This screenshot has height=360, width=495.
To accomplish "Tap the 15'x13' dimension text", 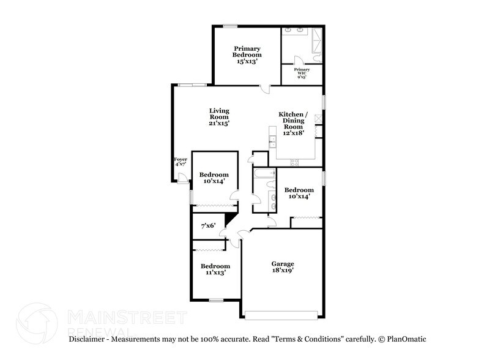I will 247,61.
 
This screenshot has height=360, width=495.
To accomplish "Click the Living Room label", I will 218,114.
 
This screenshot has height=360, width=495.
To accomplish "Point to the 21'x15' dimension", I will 218,123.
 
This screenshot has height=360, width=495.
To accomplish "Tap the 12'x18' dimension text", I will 292,133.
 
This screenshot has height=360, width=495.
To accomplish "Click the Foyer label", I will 181,159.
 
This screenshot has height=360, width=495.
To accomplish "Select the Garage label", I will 282,264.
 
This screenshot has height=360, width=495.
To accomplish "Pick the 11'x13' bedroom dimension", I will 215,273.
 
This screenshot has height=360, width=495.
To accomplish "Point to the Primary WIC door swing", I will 298,60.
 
